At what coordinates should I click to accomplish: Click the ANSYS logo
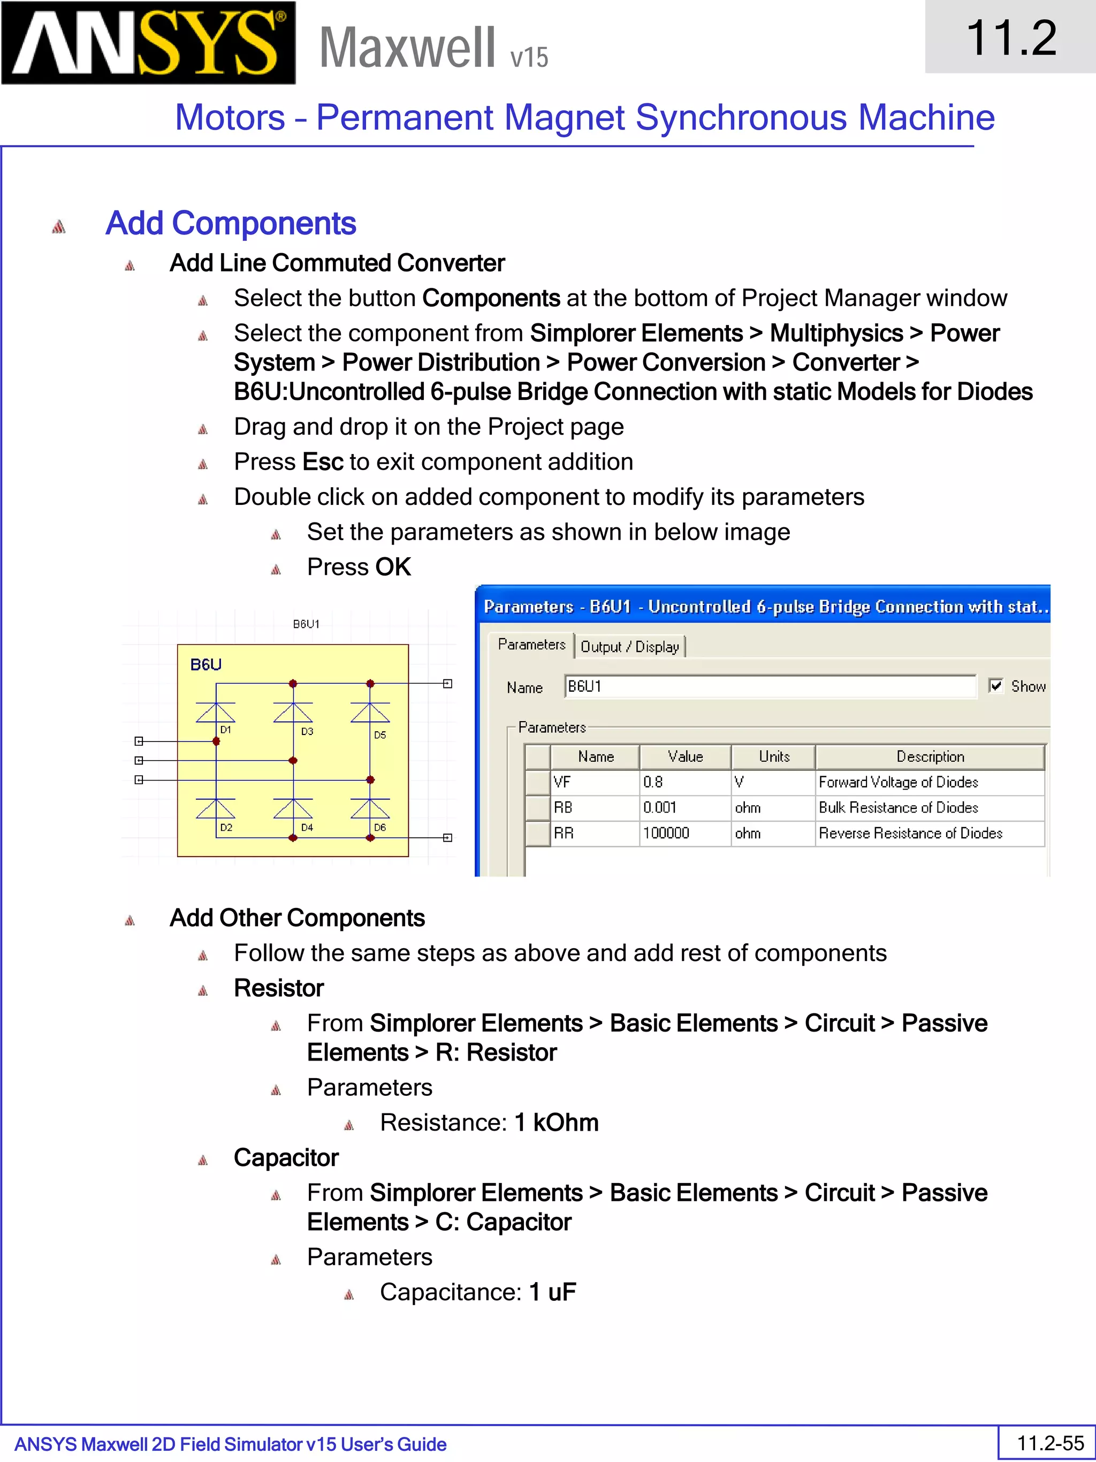pyautogui.click(x=148, y=42)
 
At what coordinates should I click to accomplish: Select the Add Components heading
pyautogui.click(x=231, y=223)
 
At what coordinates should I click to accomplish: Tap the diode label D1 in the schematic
pyautogui.click(x=226, y=730)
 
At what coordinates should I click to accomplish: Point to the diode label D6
pyautogui.click(x=380, y=828)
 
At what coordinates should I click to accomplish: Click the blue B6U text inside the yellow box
pyautogui.click(x=205, y=664)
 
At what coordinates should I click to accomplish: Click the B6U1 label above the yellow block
pyautogui.click(x=306, y=623)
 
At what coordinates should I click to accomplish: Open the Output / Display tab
pyautogui.click(x=629, y=646)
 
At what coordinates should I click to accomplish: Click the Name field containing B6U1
pyautogui.click(x=770, y=686)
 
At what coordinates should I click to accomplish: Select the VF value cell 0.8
pyautogui.click(x=684, y=782)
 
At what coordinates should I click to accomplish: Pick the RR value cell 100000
pyautogui.click(x=684, y=833)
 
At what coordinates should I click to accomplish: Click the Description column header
pyautogui.click(x=930, y=756)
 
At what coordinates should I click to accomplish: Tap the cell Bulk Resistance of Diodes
pyautogui.click(x=898, y=807)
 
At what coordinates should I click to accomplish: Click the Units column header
pyautogui.click(x=774, y=756)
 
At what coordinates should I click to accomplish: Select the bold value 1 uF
pyautogui.click(x=552, y=1291)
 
